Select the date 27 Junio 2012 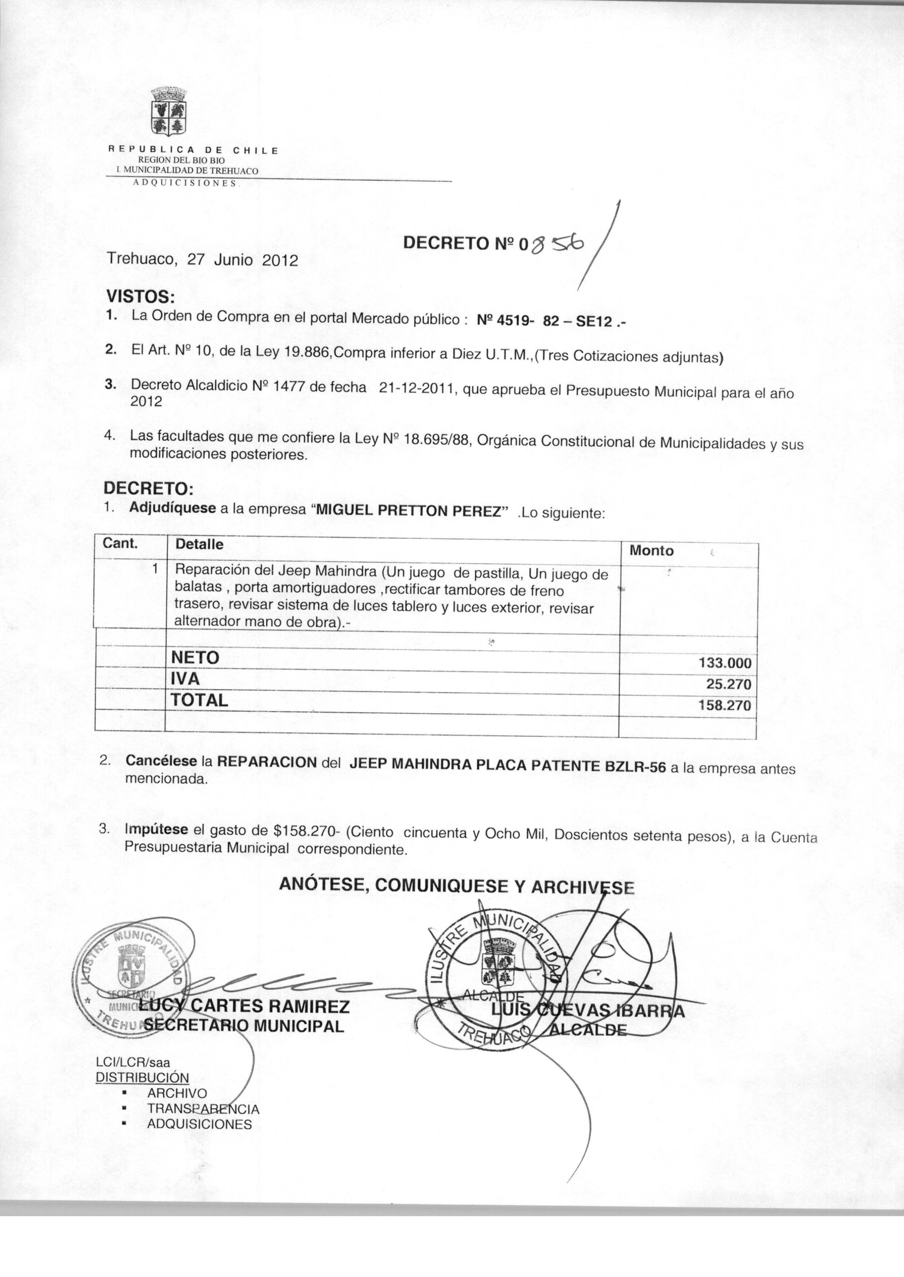242,260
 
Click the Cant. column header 120,543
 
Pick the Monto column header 651,551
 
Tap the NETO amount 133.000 725,663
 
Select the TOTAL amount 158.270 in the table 725,706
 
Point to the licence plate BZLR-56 635,766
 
